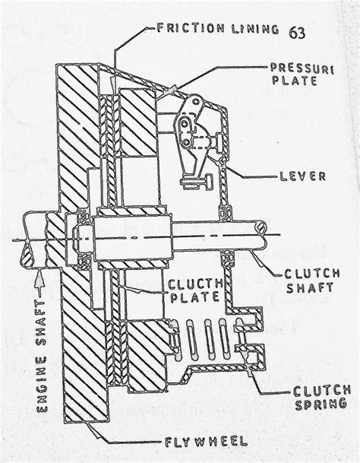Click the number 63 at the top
click(x=300, y=32)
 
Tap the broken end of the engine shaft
click(x=25, y=242)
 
